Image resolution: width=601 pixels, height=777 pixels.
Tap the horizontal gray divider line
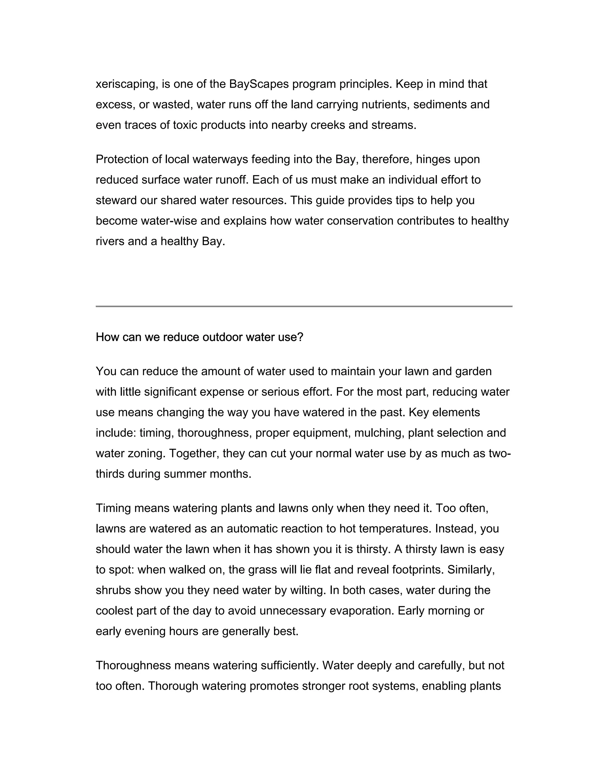(x=304, y=306)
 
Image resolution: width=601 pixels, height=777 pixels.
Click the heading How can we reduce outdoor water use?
(x=199, y=337)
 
